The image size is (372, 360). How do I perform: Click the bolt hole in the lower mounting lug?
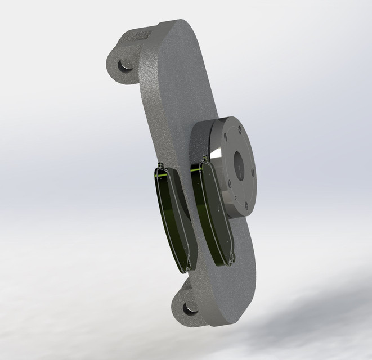(189, 308)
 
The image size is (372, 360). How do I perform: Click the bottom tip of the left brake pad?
(181, 269)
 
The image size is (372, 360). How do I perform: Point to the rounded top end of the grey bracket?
(180, 28)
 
